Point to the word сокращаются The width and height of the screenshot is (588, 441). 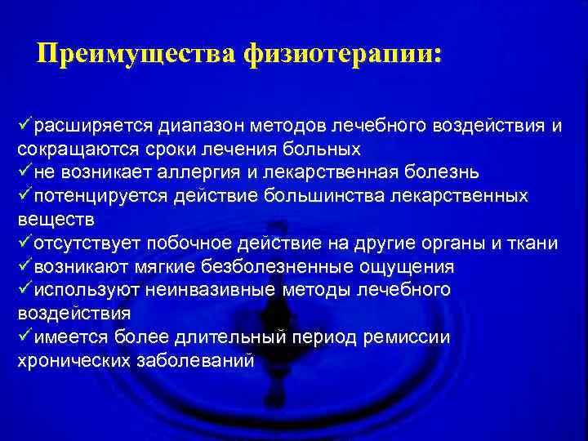pos(65,150)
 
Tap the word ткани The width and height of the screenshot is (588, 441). pos(537,244)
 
